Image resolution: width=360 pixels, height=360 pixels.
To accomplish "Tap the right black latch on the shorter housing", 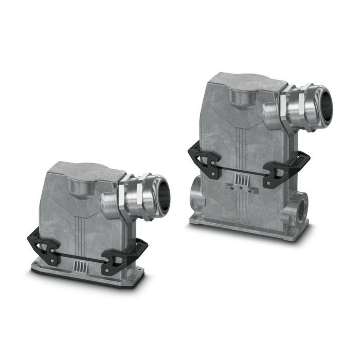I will tap(119, 259).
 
